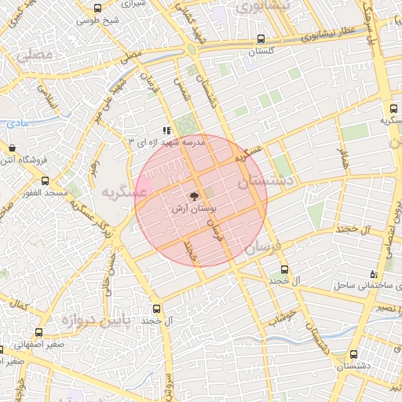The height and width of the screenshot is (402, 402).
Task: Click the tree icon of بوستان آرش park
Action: point(193,197)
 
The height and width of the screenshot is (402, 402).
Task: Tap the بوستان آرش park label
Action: point(193,210)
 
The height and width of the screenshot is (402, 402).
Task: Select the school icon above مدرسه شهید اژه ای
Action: point(166,131)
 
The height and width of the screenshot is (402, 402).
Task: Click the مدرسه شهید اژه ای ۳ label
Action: point(166,142)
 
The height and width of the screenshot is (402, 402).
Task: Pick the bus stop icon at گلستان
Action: point(261,38)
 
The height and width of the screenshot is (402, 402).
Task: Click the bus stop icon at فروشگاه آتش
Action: point(11,148)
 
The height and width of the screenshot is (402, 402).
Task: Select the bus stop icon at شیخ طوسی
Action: point(97,9)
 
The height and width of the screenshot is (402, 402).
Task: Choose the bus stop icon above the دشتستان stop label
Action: point(354,353)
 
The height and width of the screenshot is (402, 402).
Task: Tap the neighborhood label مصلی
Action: point(35,56)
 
